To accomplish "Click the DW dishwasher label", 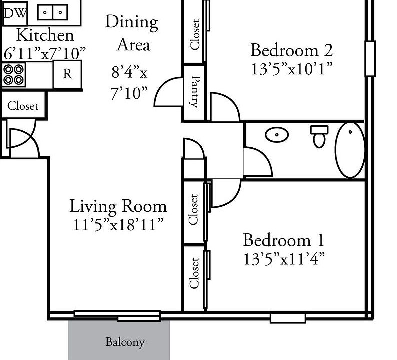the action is click(x=15, y=13).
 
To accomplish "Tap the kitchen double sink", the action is click(x=52, y=12).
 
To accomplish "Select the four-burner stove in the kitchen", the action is click(x=14, y=74).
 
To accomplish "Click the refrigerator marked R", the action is click(x=67, y=74).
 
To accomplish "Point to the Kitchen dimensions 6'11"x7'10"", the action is click(x=45, y=53).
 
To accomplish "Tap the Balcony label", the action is click(x=125, y=342).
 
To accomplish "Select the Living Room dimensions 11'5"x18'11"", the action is click(x=118, y=225).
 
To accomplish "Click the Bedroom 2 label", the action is click(x=291, y=50).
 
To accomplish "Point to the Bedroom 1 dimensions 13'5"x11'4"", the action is click(x=284, y=258).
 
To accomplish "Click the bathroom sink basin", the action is click(x=277, y=134).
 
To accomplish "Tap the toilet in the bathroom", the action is click(x=319, y=136).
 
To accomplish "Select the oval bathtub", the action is click(x=350, y=150).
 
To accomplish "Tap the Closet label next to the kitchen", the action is click(x=23, y=106).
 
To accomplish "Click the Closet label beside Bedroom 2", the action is click(x=195, y=34).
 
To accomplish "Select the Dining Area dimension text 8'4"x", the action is click(x=129, y=72).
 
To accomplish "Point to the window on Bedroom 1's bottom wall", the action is click(x=288, y=318).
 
